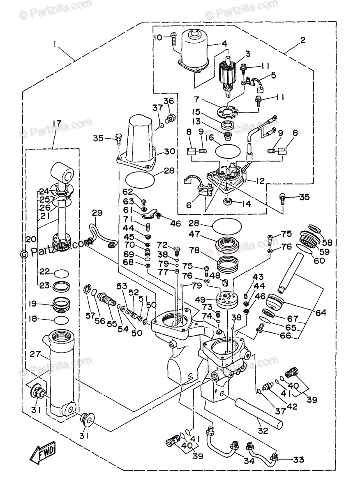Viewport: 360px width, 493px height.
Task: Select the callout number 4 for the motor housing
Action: tap(224, 43)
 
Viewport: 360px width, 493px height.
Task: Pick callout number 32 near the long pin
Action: tap(263, 431)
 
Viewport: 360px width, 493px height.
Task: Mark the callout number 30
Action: tap(169, 151)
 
